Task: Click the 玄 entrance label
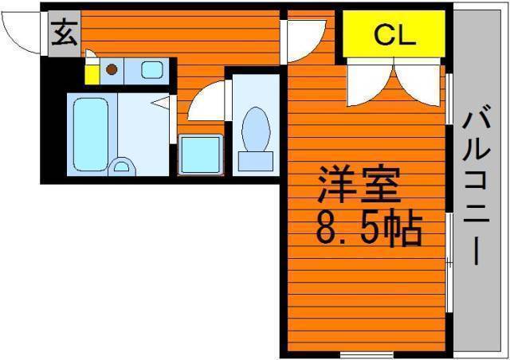click(65, 33)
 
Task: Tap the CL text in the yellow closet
click(394, 35)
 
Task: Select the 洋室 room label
click(359, 184)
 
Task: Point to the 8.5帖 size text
click(369, 227)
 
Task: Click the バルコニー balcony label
click(477, 185)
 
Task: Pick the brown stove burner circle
click(112, 69)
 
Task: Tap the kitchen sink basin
click(152, 70)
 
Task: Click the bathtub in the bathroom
click(91, 135)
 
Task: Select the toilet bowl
click(256, 129)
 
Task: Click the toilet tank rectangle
click(256, 162)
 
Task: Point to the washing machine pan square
click(201, 155)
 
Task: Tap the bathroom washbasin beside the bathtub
click(122, 166)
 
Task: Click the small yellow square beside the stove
click(92, 75)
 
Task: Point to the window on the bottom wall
click(367, 354)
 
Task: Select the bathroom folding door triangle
click(162, 103)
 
